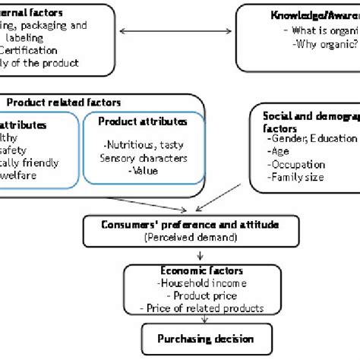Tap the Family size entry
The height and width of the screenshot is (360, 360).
point(298,176)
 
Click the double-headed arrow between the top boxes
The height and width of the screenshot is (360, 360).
point(172,31)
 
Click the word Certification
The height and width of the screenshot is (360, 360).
point(35,50)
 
